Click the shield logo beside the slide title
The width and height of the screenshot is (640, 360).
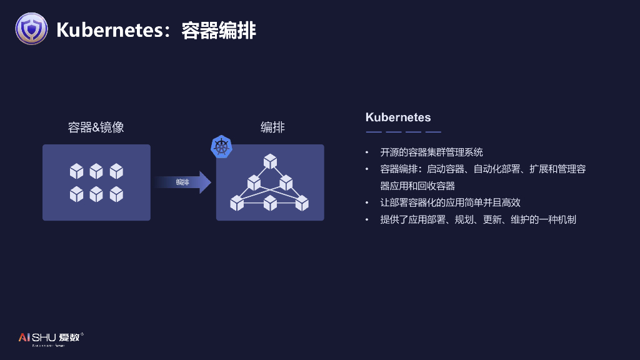[31, 29]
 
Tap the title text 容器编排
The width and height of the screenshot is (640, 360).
[219, 29]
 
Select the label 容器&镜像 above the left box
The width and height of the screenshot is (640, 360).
[96, 127]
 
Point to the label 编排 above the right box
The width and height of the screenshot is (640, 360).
[272, 127]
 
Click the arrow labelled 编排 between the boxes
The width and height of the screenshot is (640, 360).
[182, 182]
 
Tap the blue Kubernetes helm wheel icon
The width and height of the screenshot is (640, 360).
[222, 147]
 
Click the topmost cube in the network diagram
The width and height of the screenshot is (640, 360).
[270, 161]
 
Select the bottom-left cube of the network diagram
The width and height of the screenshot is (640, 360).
[237, 202]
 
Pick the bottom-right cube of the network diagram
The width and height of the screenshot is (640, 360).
[302, 202]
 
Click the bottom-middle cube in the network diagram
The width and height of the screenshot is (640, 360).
[270, 202]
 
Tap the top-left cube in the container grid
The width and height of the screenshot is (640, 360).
[76, 171]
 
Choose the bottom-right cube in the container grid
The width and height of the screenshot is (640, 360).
[116, 194]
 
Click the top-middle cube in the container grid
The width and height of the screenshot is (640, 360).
[96, 171]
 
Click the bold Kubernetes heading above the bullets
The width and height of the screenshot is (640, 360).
[398, 117]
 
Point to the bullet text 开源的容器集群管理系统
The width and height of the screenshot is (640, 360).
[431, 152]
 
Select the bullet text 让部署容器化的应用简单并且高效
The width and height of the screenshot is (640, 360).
[450, 202]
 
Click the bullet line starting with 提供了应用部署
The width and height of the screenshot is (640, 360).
[477, 219]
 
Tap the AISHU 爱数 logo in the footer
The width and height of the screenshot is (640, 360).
[50, 338]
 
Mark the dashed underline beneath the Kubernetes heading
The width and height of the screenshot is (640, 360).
[403, 132]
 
